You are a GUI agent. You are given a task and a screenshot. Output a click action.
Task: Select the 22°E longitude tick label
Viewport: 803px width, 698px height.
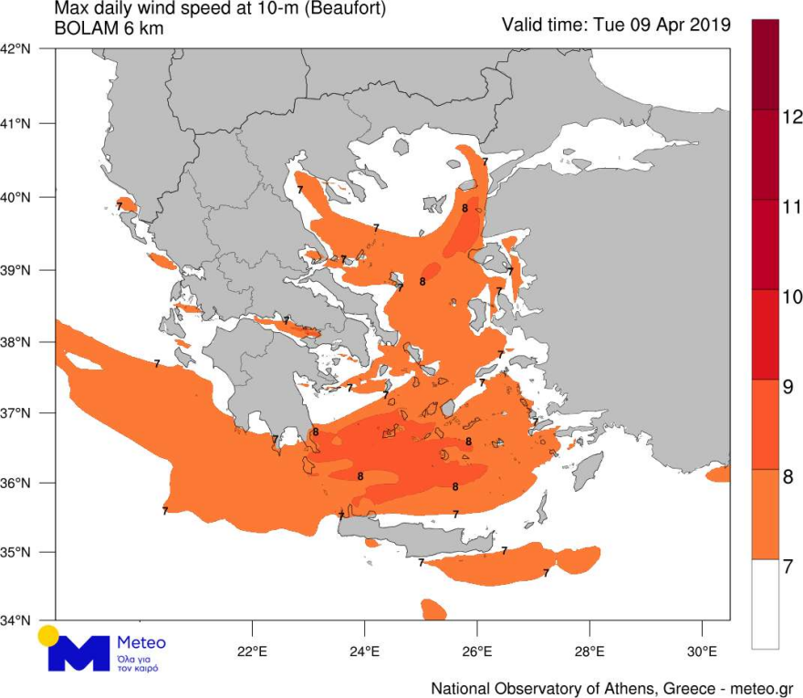tap(251, 652)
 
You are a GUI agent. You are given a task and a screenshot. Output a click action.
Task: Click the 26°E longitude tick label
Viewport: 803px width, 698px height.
tap(477, 652)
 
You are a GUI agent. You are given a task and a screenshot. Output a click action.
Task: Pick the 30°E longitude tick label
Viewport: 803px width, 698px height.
tap(702, 652)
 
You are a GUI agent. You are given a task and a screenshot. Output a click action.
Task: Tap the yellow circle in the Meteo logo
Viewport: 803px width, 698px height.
tap(48, 635)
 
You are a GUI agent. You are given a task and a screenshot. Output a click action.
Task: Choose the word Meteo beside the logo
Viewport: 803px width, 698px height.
tap(141, 642)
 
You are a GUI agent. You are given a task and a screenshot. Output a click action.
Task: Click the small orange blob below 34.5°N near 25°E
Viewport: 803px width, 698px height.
tap(433, 609)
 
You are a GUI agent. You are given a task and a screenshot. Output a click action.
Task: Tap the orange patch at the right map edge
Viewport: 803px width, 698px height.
tap(719, 473)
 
